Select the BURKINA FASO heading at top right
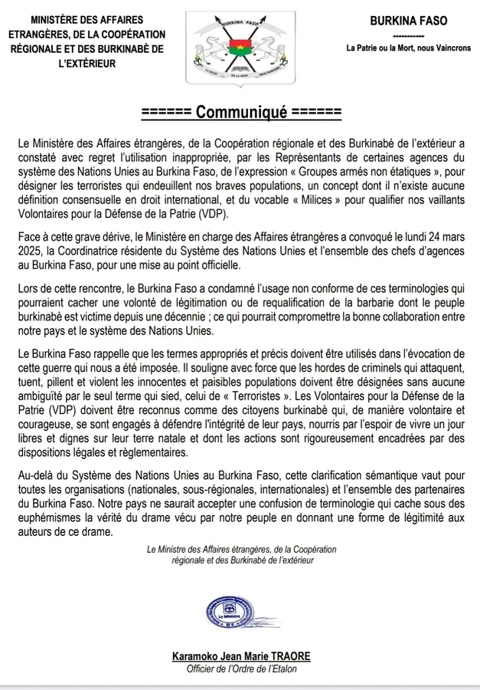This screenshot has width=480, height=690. (408, 21)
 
